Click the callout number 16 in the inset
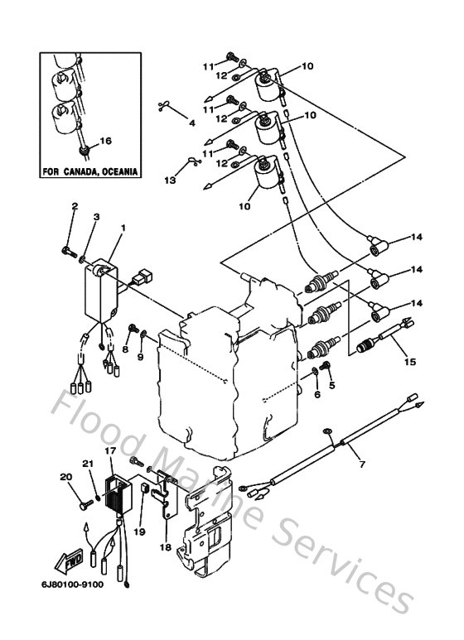coord(105,141)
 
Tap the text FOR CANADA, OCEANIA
coord(89,172)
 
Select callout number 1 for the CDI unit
coord(123,226)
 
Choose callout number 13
coord(170,180)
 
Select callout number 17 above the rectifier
coord(109,450)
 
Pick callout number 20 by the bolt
coord(66,476)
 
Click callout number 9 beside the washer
coord(139,357)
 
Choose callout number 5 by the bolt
coord(331,386)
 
